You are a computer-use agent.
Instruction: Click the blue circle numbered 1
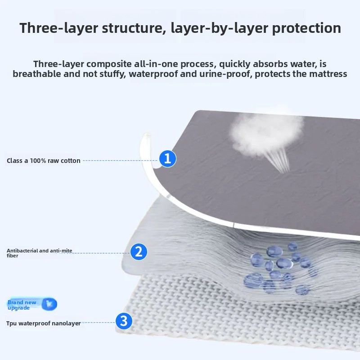(167, 159)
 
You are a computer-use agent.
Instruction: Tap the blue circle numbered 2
(139, 252)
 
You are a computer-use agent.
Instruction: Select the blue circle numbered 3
(124, 321)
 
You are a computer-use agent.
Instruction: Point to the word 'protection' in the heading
(306, 28)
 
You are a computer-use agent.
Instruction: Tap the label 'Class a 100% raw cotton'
(44, 161)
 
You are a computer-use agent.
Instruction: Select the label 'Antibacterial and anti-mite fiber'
(40, 253)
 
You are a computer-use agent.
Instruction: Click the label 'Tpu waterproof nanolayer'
(44, 323)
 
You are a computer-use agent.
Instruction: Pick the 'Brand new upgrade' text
(22, 305)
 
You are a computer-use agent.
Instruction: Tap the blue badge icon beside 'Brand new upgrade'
(49, 304)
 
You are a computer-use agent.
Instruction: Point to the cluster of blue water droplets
(280, 269)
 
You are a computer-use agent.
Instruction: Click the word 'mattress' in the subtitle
(328, 74)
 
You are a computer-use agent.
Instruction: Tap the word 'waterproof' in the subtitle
(153, 74)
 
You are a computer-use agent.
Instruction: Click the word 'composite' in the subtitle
(109, 64)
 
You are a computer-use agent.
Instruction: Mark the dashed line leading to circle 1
(121, 161)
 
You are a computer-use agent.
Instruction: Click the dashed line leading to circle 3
(98, 323)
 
